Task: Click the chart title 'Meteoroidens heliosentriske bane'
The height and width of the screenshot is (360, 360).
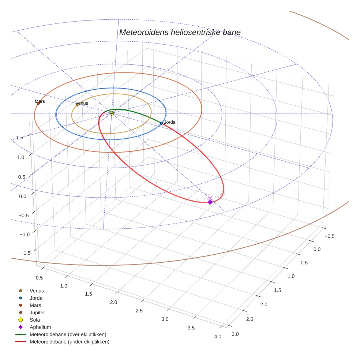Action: pyautogui.click(x=180, y=32)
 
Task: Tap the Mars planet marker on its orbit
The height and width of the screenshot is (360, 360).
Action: pyautogui.click(x=38, y=104)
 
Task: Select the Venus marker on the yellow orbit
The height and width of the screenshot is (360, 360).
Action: pyautogui.click(x=77, y=105)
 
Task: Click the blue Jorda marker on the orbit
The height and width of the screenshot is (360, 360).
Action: pyautogui.click(x=161, y=123)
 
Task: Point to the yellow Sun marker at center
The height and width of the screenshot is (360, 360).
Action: pyautogui.click(x=112, y=113)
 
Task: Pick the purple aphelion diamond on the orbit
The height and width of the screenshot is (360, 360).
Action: pyautogui.click(x=210, y=202)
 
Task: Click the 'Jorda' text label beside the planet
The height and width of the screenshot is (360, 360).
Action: pyautogui.click(x=170, y=122)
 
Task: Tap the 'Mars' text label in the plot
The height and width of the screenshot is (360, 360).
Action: pyautogui.click(x=40, y=101)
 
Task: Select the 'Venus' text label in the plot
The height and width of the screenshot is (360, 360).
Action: pyautogui.click(x=82, y=103)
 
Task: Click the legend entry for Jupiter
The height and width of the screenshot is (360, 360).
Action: pyautogui.click(x=37, y=312)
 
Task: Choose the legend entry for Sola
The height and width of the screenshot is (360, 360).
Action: pyautogui.click(x=35, y=320)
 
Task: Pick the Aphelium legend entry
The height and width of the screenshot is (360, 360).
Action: pyautogui.click(x=40, y=327)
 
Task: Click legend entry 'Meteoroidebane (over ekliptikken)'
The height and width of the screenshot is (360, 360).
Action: pyautogui.click(x=68, y=334)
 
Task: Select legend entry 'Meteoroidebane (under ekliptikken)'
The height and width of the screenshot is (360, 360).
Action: pyautogui.click(x=69, y=342)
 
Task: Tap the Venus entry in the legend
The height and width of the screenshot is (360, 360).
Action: pyautogui.click(x=37, y=290)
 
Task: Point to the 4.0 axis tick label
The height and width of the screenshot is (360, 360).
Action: pyautogui.click(x=218, y=337)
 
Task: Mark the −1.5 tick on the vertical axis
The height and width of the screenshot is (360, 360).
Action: pyautogui.click(x=25, y=253)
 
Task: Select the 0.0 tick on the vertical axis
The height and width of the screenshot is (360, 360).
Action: pyautogui.click(x=23, y=196)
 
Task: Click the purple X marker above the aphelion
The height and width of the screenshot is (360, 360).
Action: pyautogui.click(x=210, y=198)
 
